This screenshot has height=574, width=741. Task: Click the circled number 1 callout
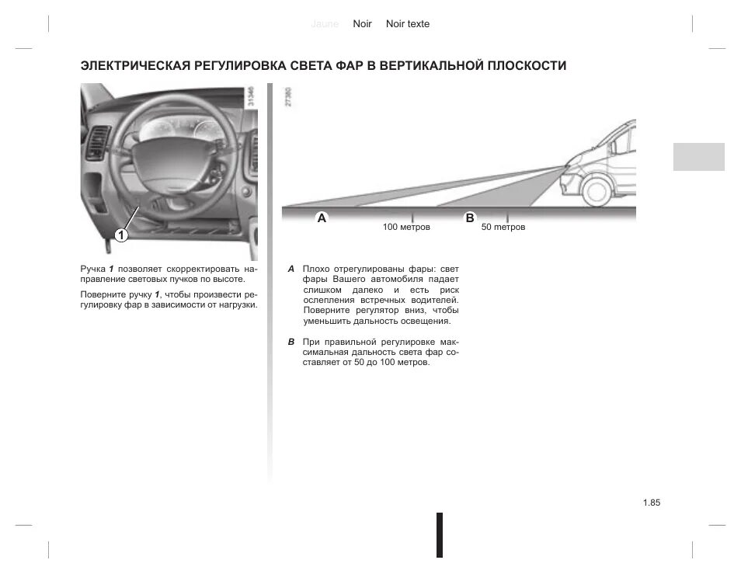point(122,235)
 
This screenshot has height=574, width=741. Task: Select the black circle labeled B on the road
point(469,218)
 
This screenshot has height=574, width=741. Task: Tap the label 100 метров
point(405,228)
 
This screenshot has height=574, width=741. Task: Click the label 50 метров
point(503,228)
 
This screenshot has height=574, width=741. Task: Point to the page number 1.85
point(651,503)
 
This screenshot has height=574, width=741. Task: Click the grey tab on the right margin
point(698,157)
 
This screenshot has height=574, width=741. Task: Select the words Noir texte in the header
point(407,24)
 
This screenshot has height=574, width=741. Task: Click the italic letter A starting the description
point(290,269)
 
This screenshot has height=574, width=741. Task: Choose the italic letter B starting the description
point(290,342)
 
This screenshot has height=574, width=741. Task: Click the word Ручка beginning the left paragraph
point(92,268)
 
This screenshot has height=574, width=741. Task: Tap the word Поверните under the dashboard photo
point(101,294)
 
